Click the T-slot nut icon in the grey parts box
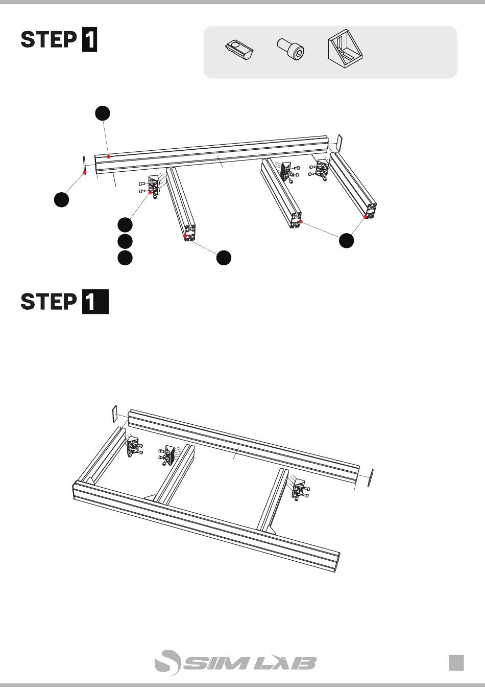[238, 49]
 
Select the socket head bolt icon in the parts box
[292, 48]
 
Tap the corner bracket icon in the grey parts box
[345, 48]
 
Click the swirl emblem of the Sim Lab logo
[167, 663]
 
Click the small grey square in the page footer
[456, 663]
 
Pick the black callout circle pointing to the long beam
[103, 113]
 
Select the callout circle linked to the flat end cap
[61, 200]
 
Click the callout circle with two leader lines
[347, 240]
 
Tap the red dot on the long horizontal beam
[108, 157]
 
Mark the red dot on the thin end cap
[85, 173]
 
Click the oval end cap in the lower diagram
[371, 477]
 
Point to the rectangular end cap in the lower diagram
[114, 414]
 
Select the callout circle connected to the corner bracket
[125, 225]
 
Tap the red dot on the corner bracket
[150, 192]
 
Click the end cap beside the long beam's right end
[339, 143]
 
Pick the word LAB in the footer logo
[285, 663]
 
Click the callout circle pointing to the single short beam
[224, 258]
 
